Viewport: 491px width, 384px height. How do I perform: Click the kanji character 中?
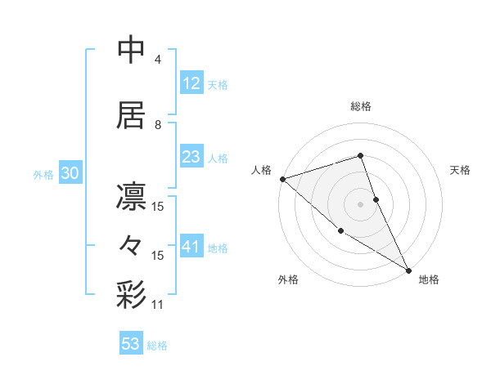pyautogui.click(x=132, y=50)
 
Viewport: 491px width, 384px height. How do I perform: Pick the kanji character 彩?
pyautogui.click(x=132, y=295)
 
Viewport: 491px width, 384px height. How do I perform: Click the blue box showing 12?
pyautogui.click(x=191, y=83)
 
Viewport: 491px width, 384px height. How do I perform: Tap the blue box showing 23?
pyautogui.click(x=191, y=157)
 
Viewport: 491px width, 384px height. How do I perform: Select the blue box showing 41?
pyautogui.click(x=191, y=247)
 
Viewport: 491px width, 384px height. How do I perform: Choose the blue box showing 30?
pyautogui.click(x=70, y=173)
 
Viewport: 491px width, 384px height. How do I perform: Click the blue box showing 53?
pyautogui.click(x=131, y=344)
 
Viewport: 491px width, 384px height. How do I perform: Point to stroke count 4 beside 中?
pyautogui.click(x=158, y=60)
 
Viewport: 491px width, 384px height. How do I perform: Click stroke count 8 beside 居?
pyautogui.click(x=158, y=125)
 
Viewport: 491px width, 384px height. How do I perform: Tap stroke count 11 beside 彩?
pyautogui.click(x=158, y=305)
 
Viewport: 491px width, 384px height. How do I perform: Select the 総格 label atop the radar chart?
pyautogui.click(x=360, y=106)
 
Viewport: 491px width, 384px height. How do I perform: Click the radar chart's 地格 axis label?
pyautogui.click(x=429, y=279)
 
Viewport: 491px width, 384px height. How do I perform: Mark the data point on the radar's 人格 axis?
pyautogui.click(x=282, y=178)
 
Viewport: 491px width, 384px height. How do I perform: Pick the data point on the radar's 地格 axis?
pyautogui.click(x=408, y=270)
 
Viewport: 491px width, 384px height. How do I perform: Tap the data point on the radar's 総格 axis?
pyautogui.click(x=360, y=155)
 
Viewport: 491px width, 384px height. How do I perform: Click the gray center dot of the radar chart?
pyautogui.click(x=360, y=203)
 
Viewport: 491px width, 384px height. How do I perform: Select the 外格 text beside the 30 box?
pyautogui.click(x=43, y=174)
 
